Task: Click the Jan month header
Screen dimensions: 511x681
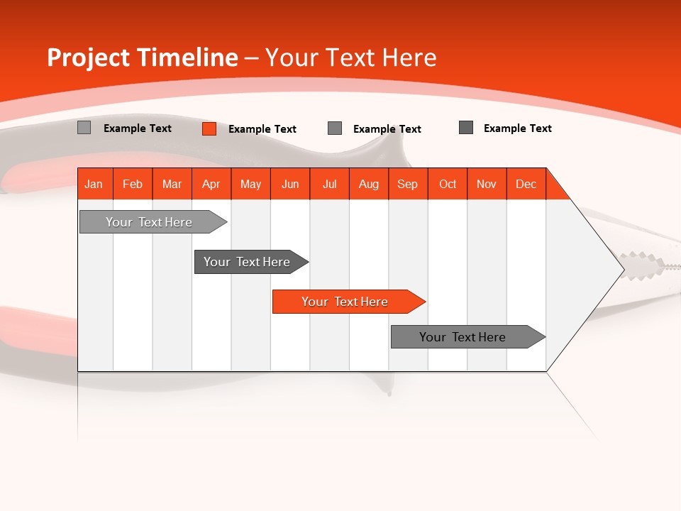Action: click(94, 184)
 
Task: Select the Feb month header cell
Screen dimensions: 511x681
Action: click(133, 184)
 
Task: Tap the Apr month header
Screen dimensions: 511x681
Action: click(211, 184)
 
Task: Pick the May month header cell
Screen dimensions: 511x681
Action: click(250, 184)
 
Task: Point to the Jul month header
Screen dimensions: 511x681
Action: click(329, 184)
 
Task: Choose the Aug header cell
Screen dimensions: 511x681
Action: click(369, 184)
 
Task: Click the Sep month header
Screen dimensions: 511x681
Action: click(408, 184)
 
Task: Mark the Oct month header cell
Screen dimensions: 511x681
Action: click(448, 184)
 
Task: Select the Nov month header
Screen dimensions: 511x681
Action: click(487, 184)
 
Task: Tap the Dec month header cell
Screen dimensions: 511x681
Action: click(526, 184)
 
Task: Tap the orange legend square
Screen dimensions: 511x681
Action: click(209, 128)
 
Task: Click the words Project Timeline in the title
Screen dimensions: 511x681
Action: click(142, 57)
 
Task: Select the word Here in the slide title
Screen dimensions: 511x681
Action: click(409, 57)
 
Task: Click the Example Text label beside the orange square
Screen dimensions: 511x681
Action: click(262, 129)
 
